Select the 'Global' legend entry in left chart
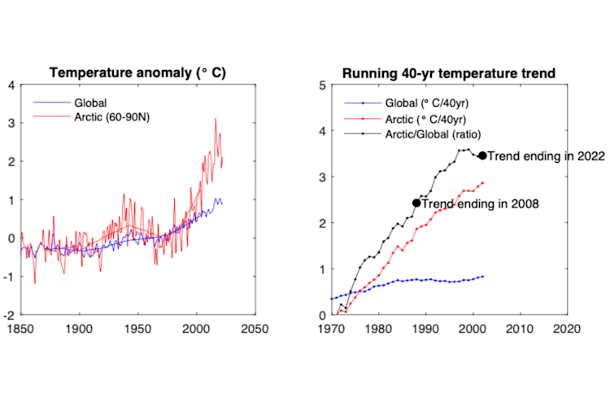point(90,103)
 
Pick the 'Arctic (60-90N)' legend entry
point(111,117)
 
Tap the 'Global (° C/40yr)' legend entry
point(423,103)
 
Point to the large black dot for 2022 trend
point(482,155)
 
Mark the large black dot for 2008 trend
point(416,203)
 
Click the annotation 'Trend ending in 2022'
point(539,155)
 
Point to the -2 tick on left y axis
point(10,316)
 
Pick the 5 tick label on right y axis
point(323,85)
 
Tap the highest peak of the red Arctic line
point(216,119)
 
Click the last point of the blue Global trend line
point(483,277)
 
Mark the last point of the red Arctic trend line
point(483,182)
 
